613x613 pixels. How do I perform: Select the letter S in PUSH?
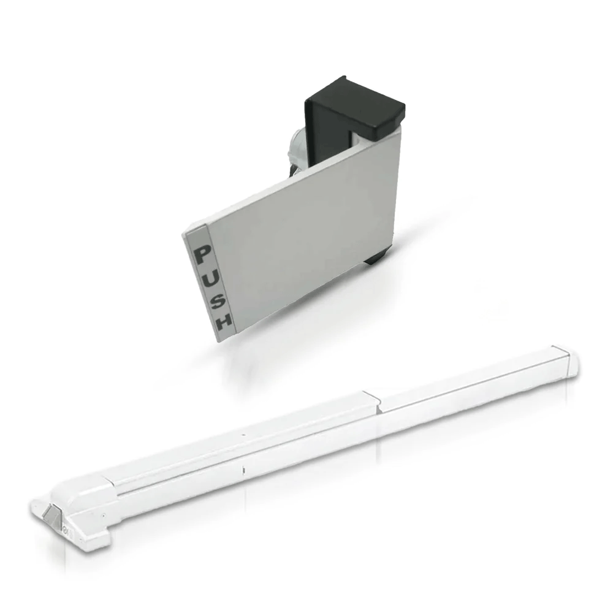coord(215,299)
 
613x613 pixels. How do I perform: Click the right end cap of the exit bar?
coord(573,360)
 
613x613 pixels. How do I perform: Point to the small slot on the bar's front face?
coord(243,471)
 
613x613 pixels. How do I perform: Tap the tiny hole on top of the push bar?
coord(243,436)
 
